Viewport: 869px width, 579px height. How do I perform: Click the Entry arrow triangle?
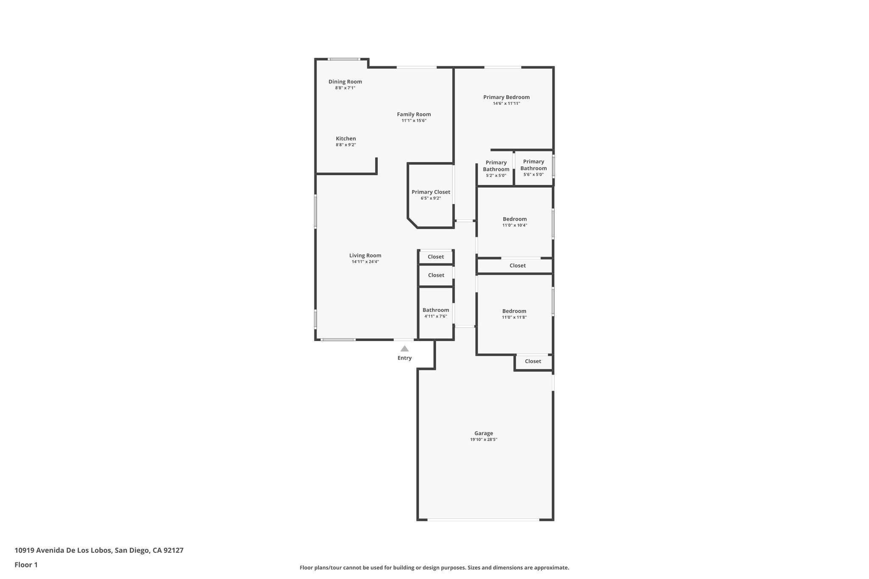(x=404, y=349)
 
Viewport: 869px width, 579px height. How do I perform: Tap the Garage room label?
(x=483, y=433)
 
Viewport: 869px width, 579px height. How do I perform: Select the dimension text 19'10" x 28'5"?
(x=483, y=440)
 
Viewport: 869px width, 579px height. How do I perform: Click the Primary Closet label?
(x=431, y=192)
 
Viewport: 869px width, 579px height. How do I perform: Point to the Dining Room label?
(x=345, y=82)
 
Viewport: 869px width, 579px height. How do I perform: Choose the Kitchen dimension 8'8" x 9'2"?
(x=345, y=145)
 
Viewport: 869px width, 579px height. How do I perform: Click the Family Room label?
(x=414, y=115)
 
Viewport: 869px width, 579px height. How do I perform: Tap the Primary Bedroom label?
(x=506, y=97)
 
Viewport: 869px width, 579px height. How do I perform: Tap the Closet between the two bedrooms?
(x=517, y=266)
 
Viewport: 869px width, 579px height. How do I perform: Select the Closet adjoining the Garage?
(x=533, y=361)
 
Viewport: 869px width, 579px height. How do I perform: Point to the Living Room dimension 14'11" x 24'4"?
(x=365, y=262)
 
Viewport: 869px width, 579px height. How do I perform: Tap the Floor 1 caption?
(x=26, y=565)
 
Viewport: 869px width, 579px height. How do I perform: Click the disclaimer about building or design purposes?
(x=434, y=568)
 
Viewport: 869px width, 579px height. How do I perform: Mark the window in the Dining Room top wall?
(x=344, y=59)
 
